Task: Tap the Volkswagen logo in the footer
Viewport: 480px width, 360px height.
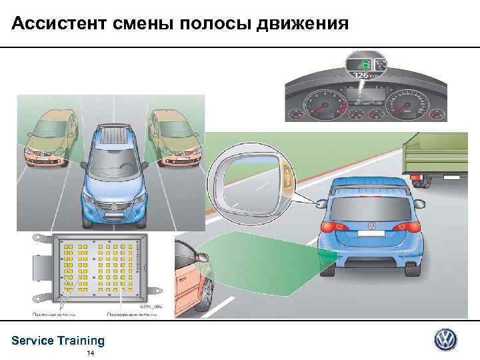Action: click(x=446, y=340)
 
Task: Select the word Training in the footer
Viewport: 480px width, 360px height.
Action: click(x=81, y=341)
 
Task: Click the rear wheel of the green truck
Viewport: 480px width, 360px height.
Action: click(x=420, y=179)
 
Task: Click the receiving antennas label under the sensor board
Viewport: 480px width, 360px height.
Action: click(x=54, y=313)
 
